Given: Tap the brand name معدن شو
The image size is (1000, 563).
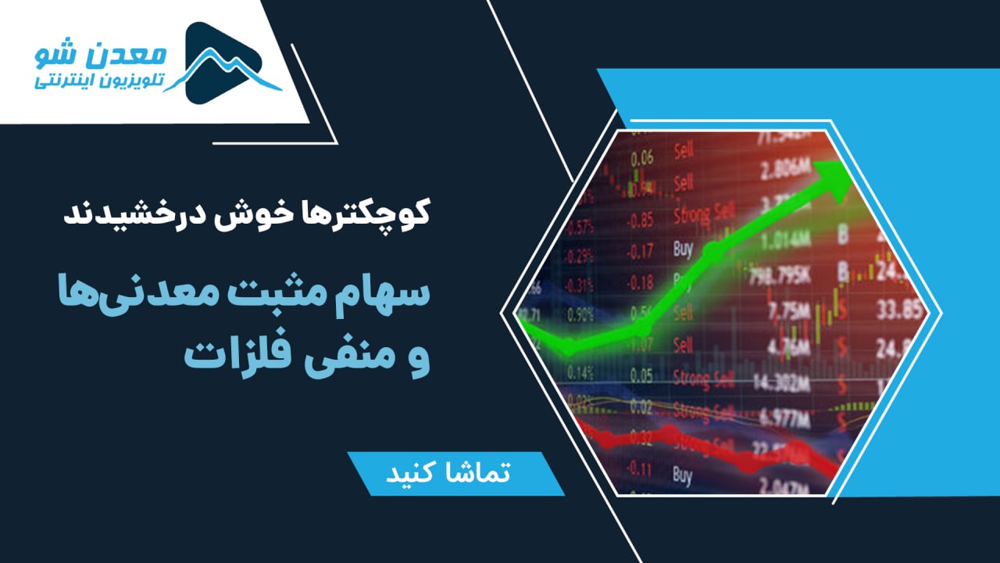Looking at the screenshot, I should coord(102,56).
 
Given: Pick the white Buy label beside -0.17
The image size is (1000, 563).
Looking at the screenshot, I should coord(682,249).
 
